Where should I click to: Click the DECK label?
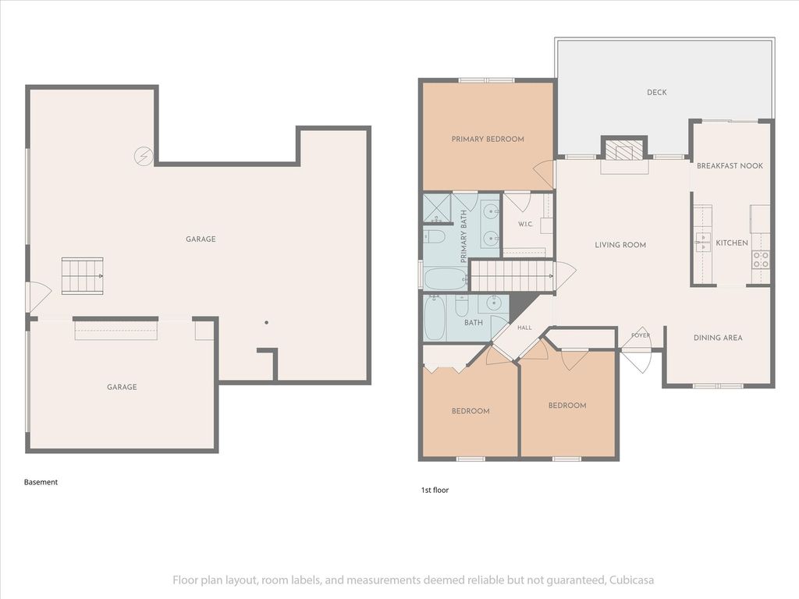(656, 92)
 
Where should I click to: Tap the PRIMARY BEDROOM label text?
(488, 139)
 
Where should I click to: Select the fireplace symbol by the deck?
(624, 149)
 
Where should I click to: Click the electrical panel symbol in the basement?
(144, 156)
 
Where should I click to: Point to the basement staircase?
(83, 275)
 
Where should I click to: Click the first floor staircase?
(513, 275)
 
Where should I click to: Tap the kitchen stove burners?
(760, 260)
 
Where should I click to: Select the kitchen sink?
(704, 242)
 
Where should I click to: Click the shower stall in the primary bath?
(437, 208)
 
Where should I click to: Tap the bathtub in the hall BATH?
(435, 318)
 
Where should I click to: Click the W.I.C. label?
(525, 224)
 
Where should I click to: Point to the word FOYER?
(641, 335)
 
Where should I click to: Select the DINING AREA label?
(718, 338)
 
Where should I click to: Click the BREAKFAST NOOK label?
(730, 165)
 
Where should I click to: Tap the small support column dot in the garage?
(266, 322)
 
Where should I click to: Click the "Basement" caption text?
(41, 482)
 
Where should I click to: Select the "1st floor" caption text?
(435, 490)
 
